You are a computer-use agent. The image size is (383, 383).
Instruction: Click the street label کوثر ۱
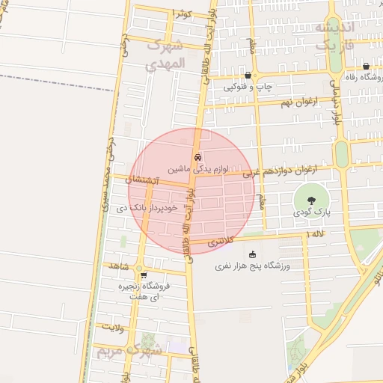pyautogui.click(x=183, y=13)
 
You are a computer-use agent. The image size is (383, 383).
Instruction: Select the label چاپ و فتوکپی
pyautogui.click(x=248, y=87)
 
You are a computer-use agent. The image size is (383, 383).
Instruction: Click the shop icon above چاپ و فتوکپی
pyautogui.click(x=248, y=75)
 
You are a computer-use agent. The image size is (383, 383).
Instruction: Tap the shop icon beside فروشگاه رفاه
pyautogui.click(x=365, y=66)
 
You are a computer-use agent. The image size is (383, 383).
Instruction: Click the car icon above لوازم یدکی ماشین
pyautogui.click(x=197, y=158)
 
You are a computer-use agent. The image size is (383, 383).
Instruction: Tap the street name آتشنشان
pyautogui.click(x=141, y=180)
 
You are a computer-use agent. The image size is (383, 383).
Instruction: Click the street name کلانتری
pyautogui.click(x=221, y=241)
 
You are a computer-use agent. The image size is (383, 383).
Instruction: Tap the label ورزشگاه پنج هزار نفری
pyautogui.click(x=252, y=266)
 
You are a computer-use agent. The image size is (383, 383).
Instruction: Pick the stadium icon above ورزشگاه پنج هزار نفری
pyautogui.click(x=252, y=254)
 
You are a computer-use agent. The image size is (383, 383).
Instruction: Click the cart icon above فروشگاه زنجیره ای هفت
pyautogui.click(x=143, y=275)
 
